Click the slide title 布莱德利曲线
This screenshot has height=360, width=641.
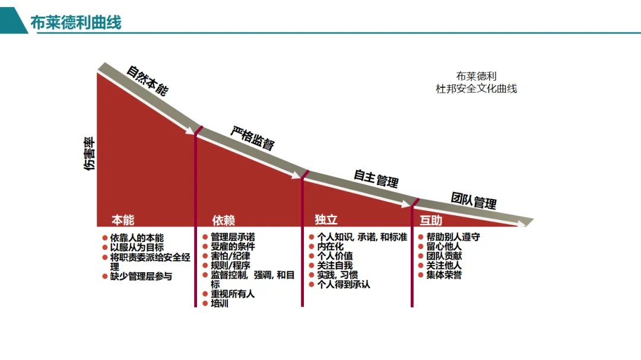click(x=76, y=23)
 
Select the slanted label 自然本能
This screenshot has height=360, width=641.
click(x=147, y=81)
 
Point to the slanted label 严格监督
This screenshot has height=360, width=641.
click(x=252, y=139)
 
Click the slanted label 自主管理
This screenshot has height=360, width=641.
click(x=376, y=178)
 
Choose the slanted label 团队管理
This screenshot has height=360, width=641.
click(x=474, y=200)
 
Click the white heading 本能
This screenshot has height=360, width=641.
click(x=123, y=221)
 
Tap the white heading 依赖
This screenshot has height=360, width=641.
click(x=224, y=221)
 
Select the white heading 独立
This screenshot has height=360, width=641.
click(x=326, y=220)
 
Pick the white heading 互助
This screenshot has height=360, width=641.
click(x=431, y=221)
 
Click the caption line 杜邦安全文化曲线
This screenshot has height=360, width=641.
click(x=476, y=88)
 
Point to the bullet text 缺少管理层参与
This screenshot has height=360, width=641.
click(x=141, y=276)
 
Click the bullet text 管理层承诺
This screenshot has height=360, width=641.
click(x=233, y=237)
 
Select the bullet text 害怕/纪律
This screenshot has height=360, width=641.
click(x=230, y=256)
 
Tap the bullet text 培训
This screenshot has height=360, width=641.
click(x=220, y=304)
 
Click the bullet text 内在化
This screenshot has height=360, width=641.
click(x=331, y=247)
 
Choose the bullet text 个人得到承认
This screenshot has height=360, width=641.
click(x=344, y=285)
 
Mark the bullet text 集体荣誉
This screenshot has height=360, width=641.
click(x=444, y=275)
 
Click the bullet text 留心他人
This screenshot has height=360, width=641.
click(x=444, y=247)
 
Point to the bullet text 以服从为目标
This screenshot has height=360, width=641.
click(x=137, y=247)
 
